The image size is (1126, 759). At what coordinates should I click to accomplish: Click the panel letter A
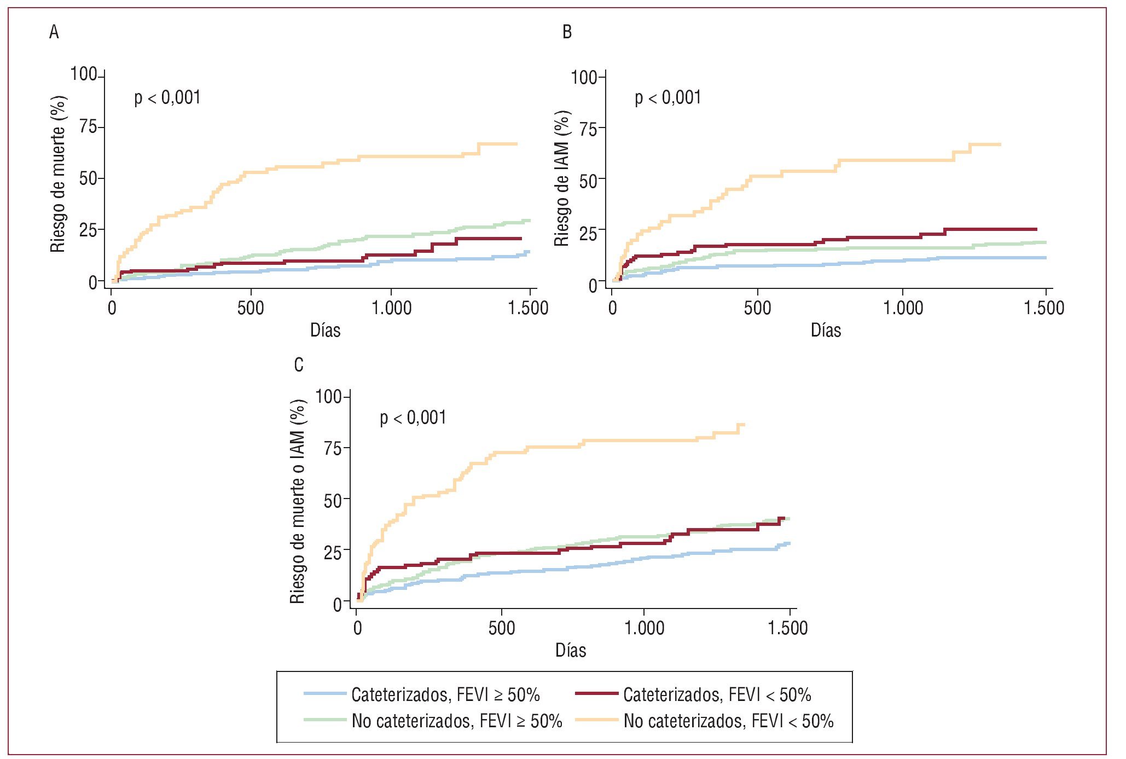tap(54, 32)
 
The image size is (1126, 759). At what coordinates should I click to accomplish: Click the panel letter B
tap(567, 32)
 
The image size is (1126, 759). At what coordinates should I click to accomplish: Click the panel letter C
tap(299, 365)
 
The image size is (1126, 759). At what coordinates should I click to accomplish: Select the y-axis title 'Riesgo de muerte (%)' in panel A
tap(58, 174)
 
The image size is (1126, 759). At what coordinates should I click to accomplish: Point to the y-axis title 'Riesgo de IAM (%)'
tap(562, 178)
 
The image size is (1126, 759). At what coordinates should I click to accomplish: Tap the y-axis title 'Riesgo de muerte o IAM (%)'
tap(297, 501)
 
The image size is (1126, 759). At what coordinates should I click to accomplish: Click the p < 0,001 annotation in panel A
tap(167, 98)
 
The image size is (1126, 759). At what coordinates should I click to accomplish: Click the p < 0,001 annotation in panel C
tap(413, 418)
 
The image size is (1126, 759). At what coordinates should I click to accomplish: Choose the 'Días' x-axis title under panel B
tap(826, 331)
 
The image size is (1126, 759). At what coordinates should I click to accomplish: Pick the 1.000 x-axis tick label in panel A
tap(392, 308)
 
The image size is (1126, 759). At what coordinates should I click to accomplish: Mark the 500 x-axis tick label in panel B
tap(757, 308)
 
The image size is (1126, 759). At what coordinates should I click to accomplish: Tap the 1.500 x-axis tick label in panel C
tap(788, 628)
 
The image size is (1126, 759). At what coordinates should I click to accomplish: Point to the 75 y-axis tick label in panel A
tap(88, 127)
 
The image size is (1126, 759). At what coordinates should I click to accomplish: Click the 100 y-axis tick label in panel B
tap(584, 77)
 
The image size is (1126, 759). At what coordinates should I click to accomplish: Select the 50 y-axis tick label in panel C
tap(333, 500)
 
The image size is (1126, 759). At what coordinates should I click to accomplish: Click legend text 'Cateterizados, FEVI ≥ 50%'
tap(445, 695)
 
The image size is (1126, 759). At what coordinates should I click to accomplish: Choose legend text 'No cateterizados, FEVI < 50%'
tap(728, 721)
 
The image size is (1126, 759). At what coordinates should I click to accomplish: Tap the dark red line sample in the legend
tap(596, 694)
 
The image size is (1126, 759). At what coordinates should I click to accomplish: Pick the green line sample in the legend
tap(325, 720)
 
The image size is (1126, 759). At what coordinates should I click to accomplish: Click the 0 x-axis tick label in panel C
tap(357, 628)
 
